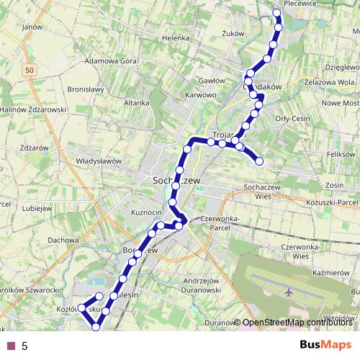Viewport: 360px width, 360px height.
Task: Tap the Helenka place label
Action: tap(175, 37)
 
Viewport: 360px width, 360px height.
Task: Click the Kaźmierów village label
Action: tap(331, 274)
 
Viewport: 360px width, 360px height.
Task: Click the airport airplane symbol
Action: tap(289, 292)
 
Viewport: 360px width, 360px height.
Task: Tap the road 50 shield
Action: tap(27, 70)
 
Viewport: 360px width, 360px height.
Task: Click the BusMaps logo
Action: tap(325, 346)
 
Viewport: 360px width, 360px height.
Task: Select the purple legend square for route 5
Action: tap(11, 346)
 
